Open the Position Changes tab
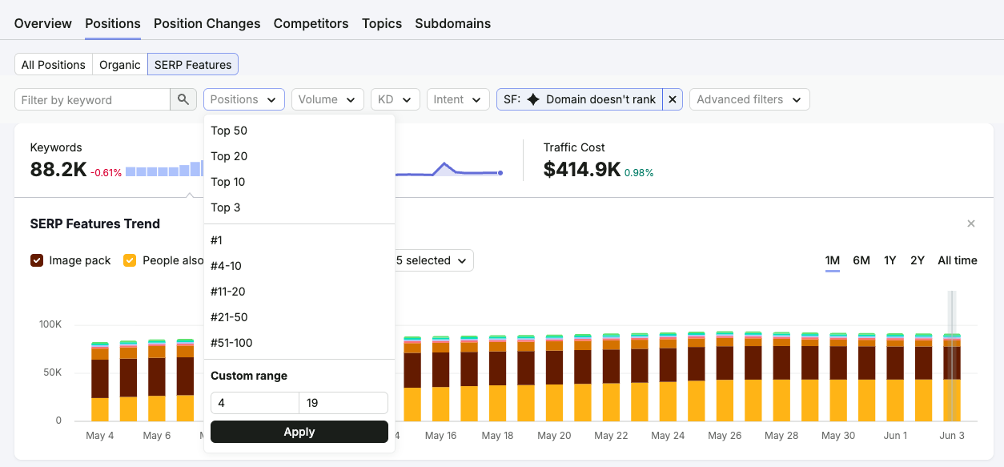click(207, 23)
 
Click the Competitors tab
click(311, 23)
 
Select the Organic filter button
click(119, 65)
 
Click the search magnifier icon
click(183, 99)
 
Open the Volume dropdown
click(327, 99)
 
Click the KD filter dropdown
click(395, 99)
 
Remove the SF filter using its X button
click(673, 99)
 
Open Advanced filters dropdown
click(749, 99)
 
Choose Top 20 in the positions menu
click(229, 156)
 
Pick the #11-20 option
click(227, 292)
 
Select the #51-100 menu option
click(231, 343)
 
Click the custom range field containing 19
click(343, 403)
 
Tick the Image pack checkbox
click(37, 260)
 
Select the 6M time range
click(861, 260)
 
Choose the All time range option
click(958, 260)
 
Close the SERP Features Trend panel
click(971, 223)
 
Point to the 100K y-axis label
click(50, 324)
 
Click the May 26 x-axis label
click(725, 435)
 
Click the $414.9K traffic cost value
click(582, 170)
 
